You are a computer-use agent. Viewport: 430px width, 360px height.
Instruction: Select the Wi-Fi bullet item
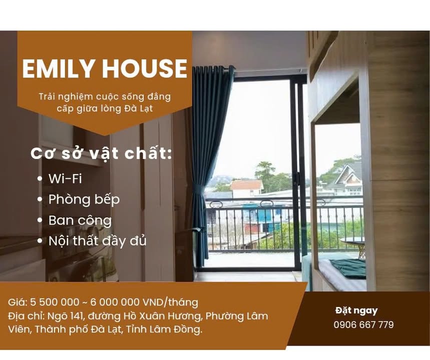point(65,178)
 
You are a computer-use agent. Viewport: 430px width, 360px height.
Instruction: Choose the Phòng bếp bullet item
point(84,199)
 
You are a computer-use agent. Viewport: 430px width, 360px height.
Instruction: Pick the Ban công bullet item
point(80,220)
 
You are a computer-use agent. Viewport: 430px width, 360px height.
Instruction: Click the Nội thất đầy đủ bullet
point(97,240)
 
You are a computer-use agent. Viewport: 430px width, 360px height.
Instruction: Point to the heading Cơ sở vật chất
point(101,153)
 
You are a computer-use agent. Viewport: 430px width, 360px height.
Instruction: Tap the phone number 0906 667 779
point(363,325)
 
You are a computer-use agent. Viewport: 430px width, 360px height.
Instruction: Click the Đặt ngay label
point(356,310)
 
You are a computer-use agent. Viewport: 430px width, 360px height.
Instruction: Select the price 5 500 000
point(55,302)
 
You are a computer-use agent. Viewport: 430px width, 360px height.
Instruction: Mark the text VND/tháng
point(169,302)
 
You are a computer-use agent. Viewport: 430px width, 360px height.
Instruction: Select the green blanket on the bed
point(348,268)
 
